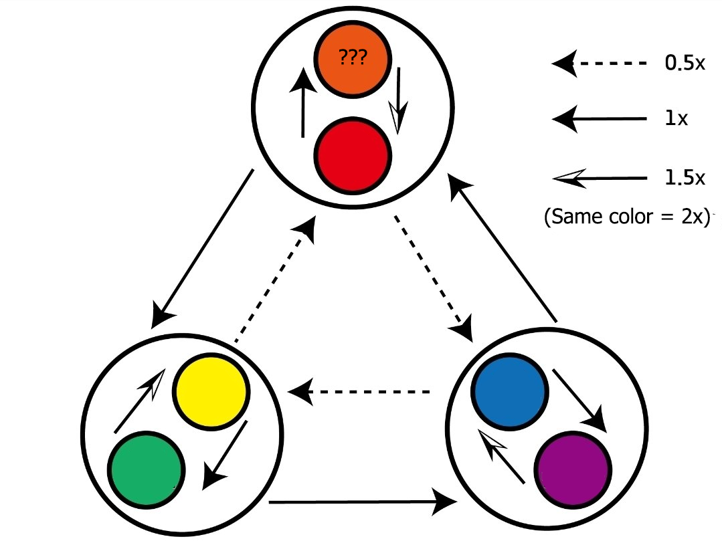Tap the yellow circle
(211, 391)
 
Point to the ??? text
(353, 58)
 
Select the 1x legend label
(676, 118)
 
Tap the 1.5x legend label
(684, 178)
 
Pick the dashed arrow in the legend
(599, 64)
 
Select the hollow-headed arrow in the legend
(599, 178)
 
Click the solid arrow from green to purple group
(361, 500)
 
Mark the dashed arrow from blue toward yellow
(361, 391)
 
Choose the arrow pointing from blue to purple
(579, 400)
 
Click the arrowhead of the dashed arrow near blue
(464, 328)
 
